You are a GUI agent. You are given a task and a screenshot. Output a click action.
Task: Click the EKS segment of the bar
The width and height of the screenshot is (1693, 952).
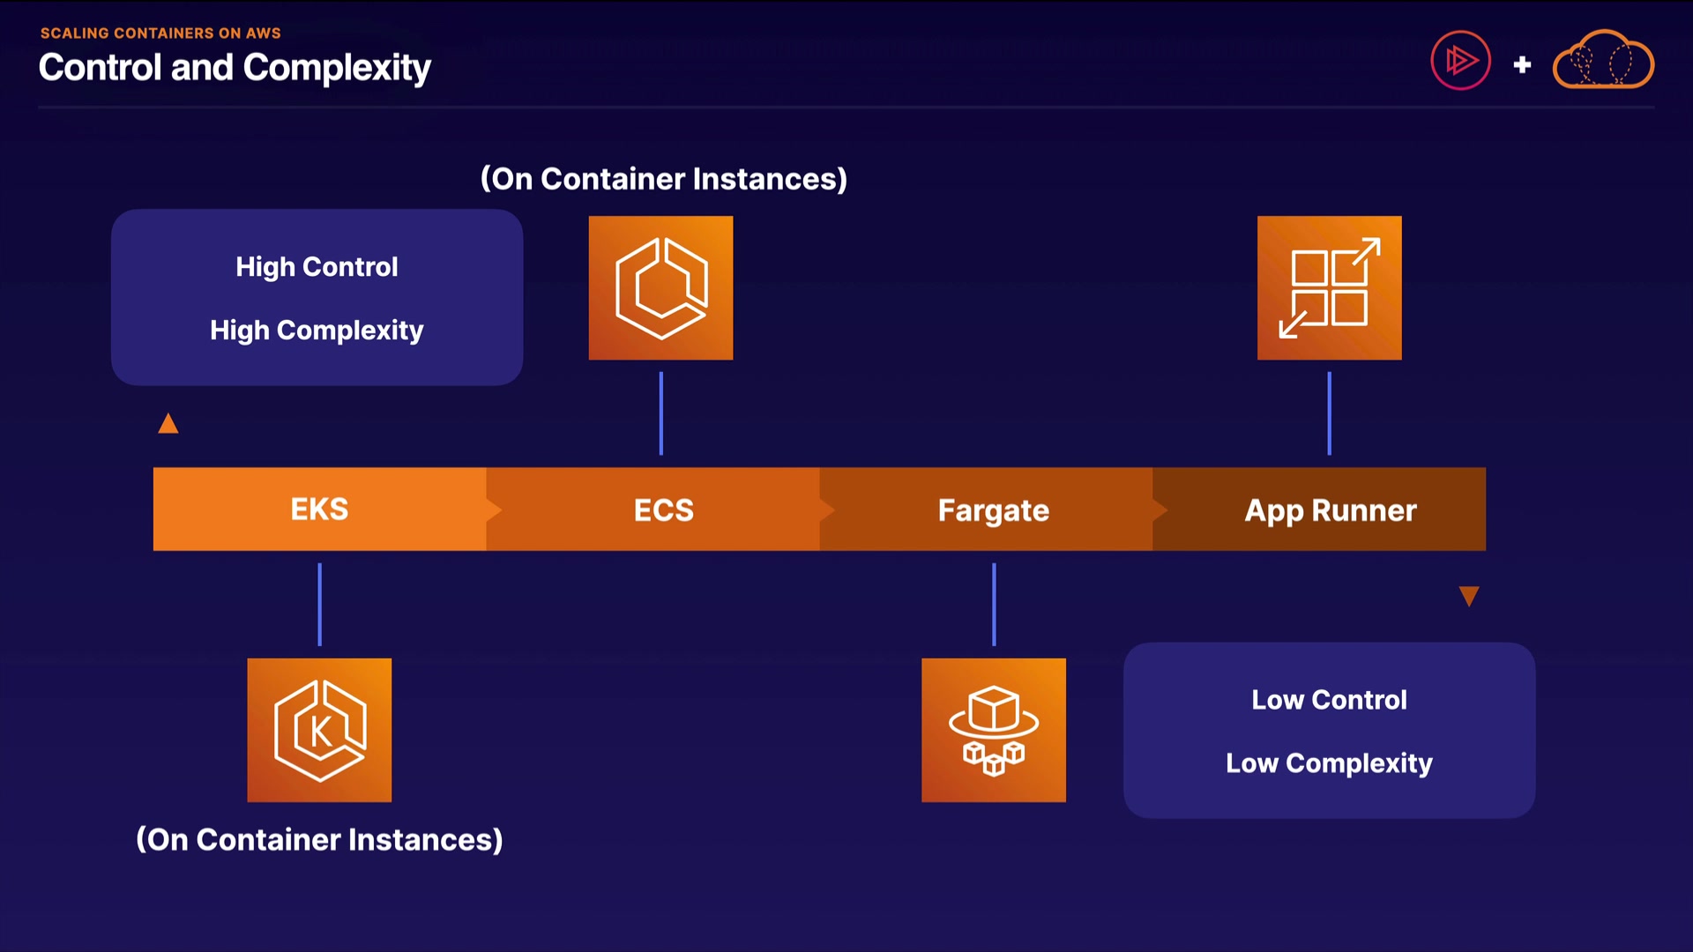click(319, 509)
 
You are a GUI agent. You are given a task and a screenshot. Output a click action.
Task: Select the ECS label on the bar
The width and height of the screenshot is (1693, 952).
click(663, 510)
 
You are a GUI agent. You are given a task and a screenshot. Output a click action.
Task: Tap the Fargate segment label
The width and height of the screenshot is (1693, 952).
click(993, 510)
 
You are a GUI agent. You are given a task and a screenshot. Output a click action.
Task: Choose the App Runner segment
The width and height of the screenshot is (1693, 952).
click(1330, 510)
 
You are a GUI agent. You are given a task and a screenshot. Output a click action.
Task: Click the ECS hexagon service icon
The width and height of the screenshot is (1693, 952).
click(660, 288)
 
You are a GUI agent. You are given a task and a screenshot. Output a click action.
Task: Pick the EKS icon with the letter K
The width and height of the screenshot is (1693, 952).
click(319, 730)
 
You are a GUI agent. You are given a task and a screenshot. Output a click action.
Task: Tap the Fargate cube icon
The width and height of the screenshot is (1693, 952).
click(994, 730)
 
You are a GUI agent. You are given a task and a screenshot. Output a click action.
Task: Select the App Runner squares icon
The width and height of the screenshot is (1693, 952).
click(1329, 288)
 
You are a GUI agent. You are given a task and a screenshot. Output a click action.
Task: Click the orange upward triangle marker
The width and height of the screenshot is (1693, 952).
click(168, 425)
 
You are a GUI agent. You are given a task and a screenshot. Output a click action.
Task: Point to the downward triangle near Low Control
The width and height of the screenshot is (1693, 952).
click(1469, 596)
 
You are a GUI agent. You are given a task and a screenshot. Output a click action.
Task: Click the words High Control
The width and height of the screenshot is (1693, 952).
click(317, 267)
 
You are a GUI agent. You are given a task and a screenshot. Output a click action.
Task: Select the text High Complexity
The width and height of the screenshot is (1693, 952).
click(317, 331)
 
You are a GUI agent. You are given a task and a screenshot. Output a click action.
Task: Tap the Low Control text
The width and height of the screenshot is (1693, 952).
click(1329, 700)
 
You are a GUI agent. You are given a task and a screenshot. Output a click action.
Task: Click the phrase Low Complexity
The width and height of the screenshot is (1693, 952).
click(1329, 763)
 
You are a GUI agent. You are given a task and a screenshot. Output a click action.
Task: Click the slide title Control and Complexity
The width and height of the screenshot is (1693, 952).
click(235, 68)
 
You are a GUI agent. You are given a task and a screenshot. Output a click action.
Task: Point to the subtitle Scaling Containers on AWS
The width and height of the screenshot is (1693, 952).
click(160, 33)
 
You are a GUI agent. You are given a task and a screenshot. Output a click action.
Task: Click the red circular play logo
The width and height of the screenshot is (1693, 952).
click(1460, 61)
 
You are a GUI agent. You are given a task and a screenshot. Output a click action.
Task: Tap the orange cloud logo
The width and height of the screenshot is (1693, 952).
click(1603, 61)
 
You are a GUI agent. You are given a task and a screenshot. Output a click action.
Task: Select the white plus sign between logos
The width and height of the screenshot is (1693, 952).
click(1522, 64)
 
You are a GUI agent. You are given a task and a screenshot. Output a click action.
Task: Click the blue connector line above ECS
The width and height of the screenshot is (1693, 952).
click(660, 413)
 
